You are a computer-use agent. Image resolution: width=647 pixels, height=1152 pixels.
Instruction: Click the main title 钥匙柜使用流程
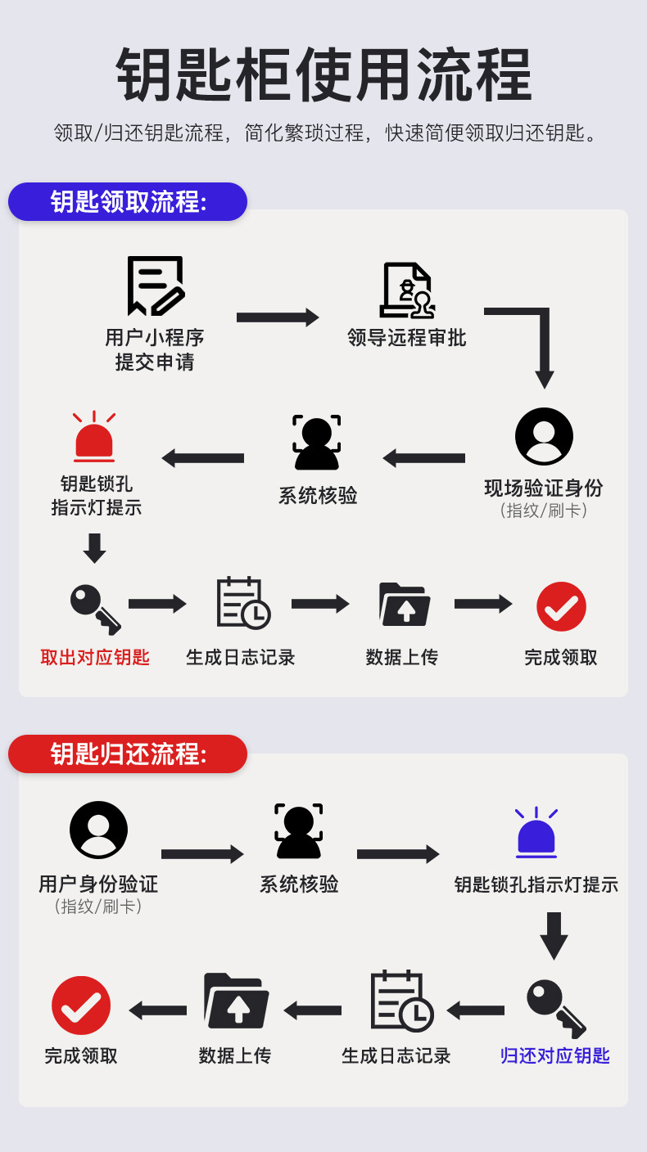tap(323, 75)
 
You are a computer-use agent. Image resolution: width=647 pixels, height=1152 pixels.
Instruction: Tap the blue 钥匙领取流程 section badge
tap(128, 201)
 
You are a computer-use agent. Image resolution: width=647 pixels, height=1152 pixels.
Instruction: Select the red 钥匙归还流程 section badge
tap(128, 754)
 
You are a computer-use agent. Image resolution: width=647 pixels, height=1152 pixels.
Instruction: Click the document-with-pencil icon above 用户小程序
tap(155, 286)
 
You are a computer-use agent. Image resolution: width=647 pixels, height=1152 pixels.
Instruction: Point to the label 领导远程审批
tap(406, 338)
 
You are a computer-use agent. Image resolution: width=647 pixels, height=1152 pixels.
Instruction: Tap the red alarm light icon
tap(94, 438)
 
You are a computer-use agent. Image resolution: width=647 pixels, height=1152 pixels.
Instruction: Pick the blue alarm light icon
tap(536, 834)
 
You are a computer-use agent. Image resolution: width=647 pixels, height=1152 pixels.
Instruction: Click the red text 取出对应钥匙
tap(95, 657)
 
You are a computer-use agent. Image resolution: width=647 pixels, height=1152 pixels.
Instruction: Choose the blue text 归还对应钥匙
tap(555, 1055)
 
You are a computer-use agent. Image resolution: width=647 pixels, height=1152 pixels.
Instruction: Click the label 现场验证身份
tap(543, 488)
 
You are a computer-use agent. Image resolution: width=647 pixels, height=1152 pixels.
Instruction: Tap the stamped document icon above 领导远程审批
tap(406, 290)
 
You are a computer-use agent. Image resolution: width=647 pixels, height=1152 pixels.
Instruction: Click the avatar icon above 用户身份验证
tap(98, 830)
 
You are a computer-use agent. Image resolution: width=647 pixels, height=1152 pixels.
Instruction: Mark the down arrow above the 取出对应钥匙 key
tap(95, 547)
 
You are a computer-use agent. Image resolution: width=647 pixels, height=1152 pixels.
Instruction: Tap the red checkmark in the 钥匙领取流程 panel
tap(561, 606)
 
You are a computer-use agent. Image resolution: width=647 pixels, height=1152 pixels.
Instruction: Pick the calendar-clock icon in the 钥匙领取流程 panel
tap(242, 604)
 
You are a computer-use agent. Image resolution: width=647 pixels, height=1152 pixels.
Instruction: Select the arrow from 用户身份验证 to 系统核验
tap(202, 854)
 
